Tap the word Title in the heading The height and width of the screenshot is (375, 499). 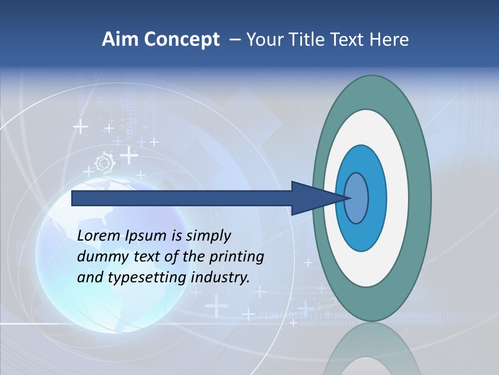pyautogui.click(x=311, y=40)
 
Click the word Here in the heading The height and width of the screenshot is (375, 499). pyautogui.click(x=389, y=40)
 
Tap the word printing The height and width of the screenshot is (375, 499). pyautogui.click(x=237, y=257)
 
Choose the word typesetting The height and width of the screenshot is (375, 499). pyautogui.click(x=147, y=278)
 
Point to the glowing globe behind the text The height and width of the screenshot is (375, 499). pyautogui.click(x=57, y=292)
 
